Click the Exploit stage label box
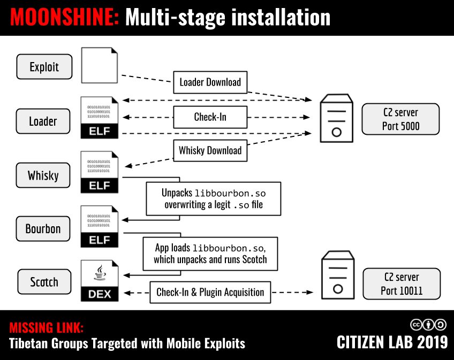click(44, 67)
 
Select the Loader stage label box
click(43, 121)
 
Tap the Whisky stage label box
click(43, 175)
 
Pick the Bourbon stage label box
click(43, 228)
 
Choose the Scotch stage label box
click(44, 282)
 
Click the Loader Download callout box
click(210, 82)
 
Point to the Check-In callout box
click(210, 117)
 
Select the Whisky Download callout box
click(210, 150)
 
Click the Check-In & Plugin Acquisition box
click(210, 292)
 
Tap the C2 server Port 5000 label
click(400, 119)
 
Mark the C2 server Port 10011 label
click(402, 284)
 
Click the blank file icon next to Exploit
click(100, 65)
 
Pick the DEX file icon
click(100, 281)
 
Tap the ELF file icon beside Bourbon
click(100, 227)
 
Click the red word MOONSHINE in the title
click(65, 18)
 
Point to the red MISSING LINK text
click(47, 328)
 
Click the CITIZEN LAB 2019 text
click(392, 342)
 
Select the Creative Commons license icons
click(428, 324)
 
